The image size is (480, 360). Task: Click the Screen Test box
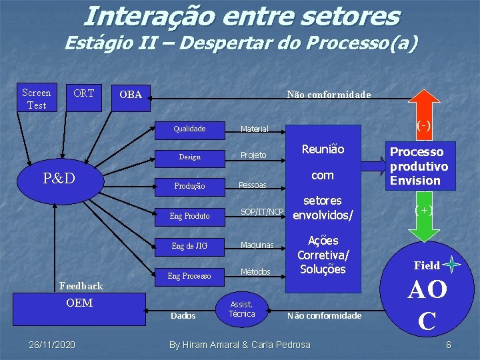tap(36, 99)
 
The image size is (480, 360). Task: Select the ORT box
tap(83, 93)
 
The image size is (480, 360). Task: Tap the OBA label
tap(131, 95)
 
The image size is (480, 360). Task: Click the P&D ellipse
tap(59, 179)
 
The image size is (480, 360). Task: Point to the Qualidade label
tap(189, 129)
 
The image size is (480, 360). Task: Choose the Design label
tap(189, 157)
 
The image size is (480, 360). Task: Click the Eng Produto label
tap(189, 216)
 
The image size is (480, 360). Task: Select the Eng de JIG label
tap(189, 246)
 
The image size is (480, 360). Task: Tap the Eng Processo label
tap(189, 275)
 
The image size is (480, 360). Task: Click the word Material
tap(255, 129)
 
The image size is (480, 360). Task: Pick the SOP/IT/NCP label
tap(262, 212)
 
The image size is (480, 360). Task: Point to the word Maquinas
tap(257, 245)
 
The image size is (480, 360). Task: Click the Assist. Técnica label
tap(241, 309)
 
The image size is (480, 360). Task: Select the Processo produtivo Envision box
tap(419, 166)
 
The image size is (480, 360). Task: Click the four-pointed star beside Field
tap(452, 265)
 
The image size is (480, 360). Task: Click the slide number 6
tap(449, 345)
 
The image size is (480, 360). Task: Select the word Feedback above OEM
tap(81, 286)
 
